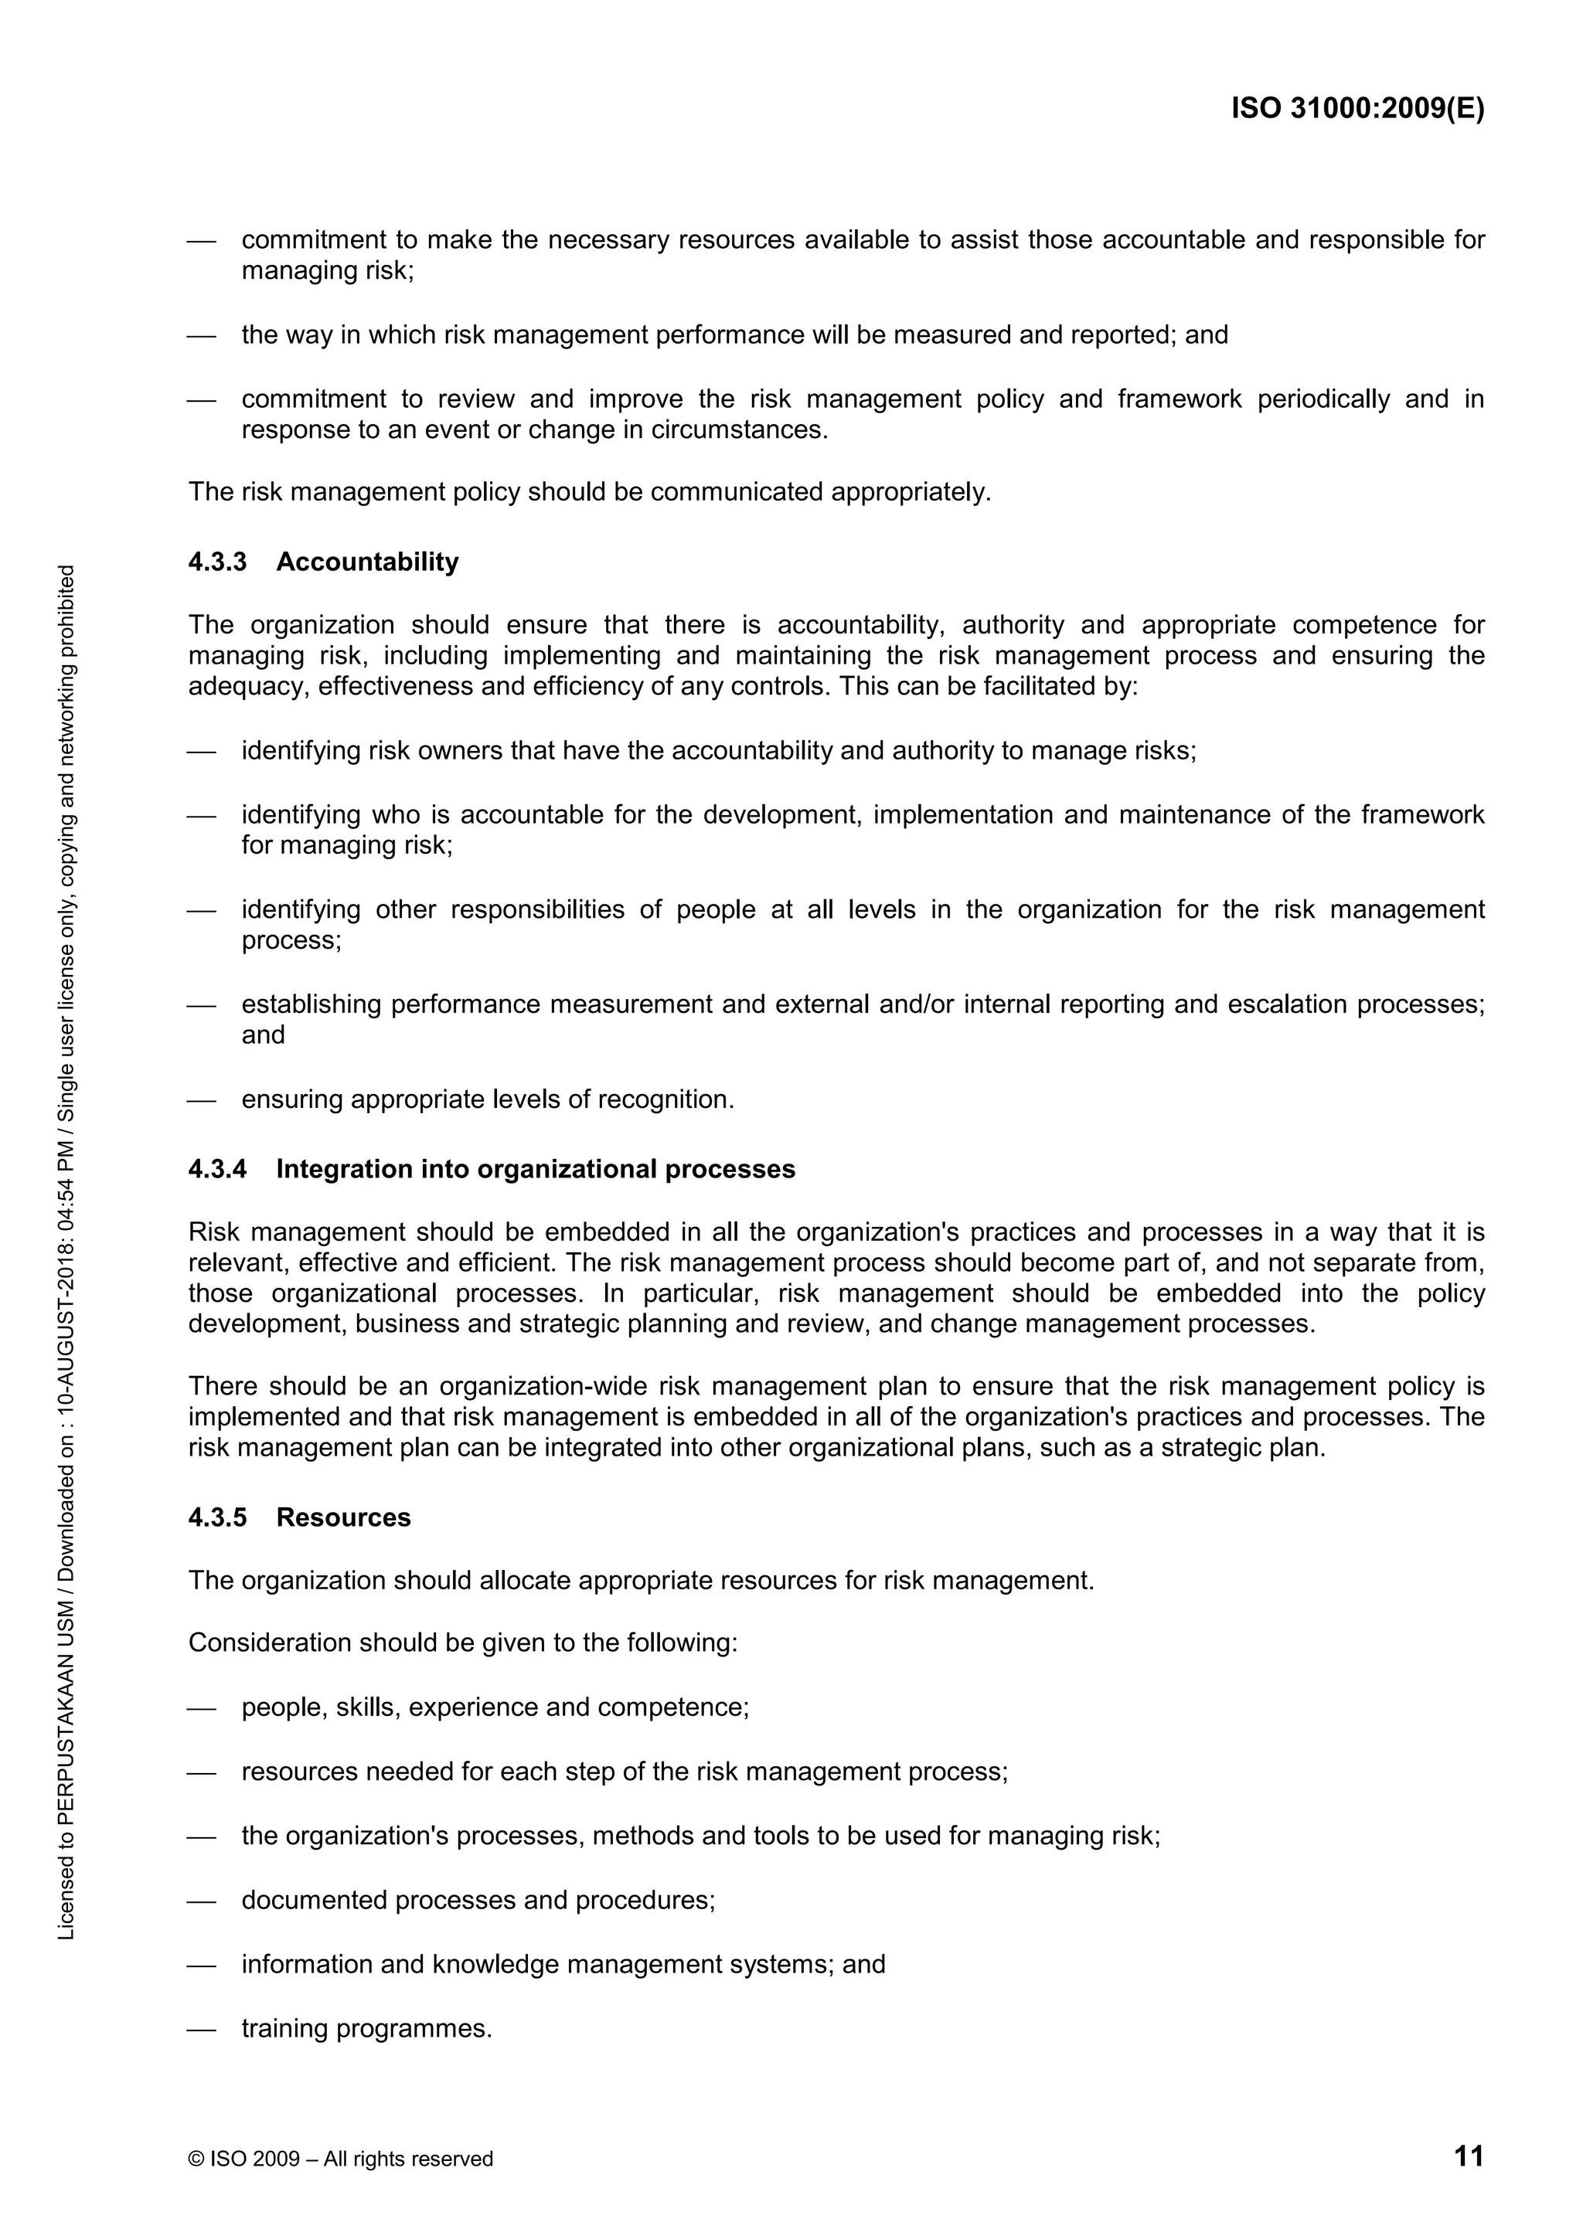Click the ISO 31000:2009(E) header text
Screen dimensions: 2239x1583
point(1357,108)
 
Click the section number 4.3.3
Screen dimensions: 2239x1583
point(217,562)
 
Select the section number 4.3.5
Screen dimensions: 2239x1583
point(217,1517)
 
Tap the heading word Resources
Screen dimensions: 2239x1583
point(343,1517)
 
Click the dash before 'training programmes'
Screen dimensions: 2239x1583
point(201,2030)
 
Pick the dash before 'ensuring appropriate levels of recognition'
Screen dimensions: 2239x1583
point(201,1100)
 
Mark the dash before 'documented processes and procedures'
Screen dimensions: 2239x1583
point(201,1901)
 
